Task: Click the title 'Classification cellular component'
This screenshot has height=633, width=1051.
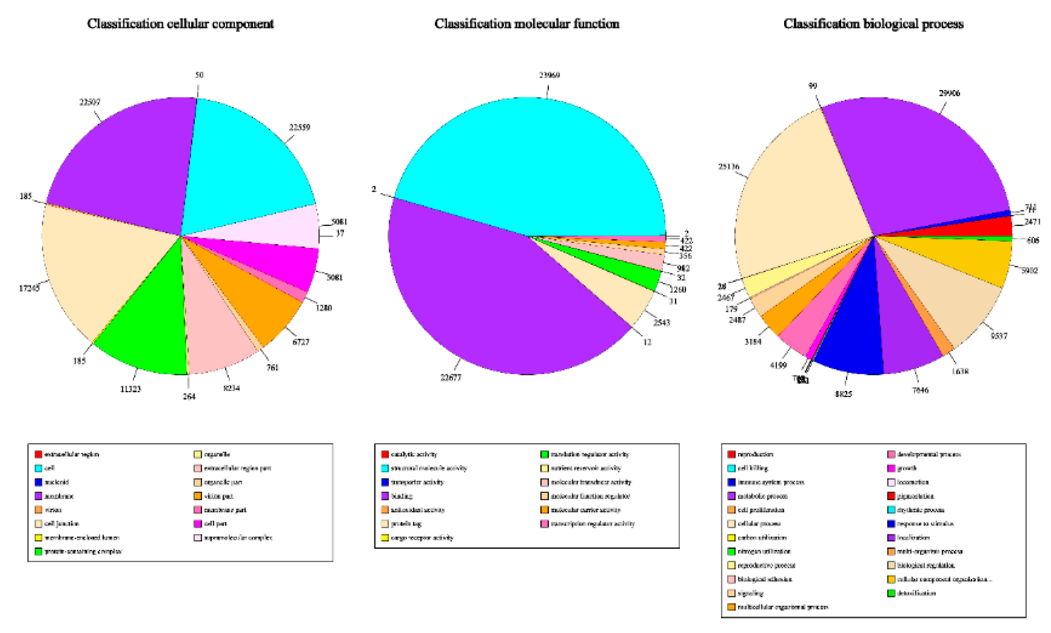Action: tap(180, 24)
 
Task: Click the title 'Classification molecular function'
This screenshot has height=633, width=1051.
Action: tap(527, 24)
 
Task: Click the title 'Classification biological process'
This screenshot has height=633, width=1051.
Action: tap(873, 24)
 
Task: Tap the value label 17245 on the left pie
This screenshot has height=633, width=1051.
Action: tap(29, 288)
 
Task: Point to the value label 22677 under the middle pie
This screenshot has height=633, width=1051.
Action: tap(451, 378)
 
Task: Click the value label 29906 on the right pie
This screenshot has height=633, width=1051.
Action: tap(949, 93)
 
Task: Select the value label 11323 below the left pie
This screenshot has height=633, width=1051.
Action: tap(130, 389)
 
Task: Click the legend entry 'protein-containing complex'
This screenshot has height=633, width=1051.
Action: tap(83, 551)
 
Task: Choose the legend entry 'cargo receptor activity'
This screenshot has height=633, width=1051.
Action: tap(421, 538)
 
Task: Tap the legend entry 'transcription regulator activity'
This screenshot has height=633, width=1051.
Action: tap(593, 524)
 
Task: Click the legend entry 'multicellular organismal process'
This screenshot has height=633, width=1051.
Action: tap(783, 607)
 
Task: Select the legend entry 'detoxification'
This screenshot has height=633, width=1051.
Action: tap(916, 593)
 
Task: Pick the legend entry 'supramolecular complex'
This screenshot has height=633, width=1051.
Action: tap(238, 538)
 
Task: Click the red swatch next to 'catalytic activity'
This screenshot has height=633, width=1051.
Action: tap(385, 454)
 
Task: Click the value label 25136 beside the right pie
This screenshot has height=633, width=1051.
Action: tap(728, 167)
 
